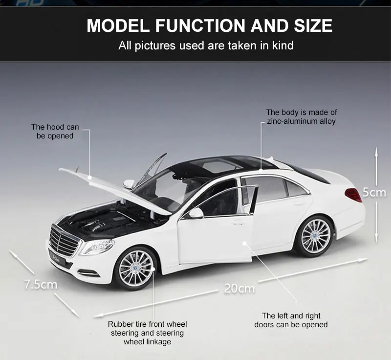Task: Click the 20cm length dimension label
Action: pos(239,288)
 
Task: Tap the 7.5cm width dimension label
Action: pos(41,284)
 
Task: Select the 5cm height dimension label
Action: pos(374,192)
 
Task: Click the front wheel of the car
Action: pos(135,268)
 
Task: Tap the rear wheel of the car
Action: pos(315,236)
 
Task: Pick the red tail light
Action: pos(353,195)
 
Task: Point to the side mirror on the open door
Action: pos(196,213)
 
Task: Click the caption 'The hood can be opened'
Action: pos(55,132)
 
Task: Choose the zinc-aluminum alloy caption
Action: pos(302,116)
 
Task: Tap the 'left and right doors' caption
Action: pos(291,320)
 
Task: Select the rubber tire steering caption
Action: pos(147,333)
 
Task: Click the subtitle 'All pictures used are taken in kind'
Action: pos(206,46)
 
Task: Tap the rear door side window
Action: pos(272,189)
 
